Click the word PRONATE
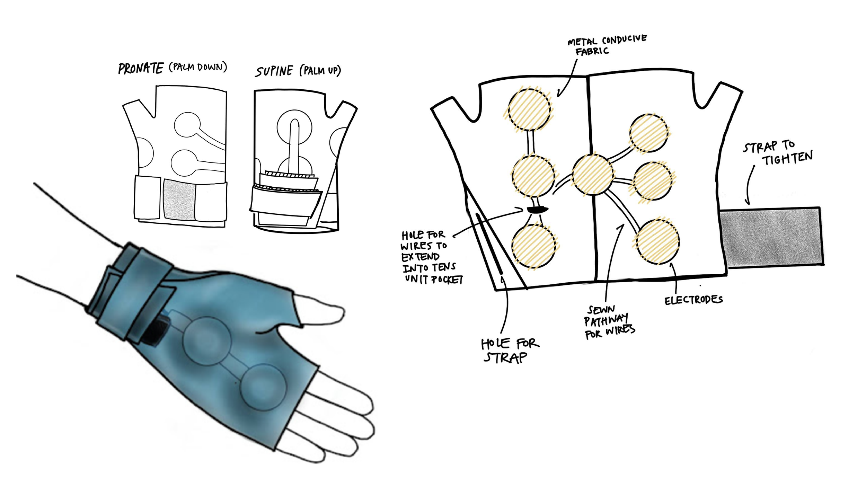(140, 69)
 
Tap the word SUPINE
(274, 71)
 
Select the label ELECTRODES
(693, 300)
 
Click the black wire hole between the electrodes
(537, 209)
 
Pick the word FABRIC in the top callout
(592, 52)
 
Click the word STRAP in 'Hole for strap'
(505, 358)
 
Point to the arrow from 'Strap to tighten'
(749, 185)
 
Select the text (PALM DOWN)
(198, 67)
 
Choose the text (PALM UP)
(320, 71)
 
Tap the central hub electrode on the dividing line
(592, 175)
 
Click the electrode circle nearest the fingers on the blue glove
(264, 387)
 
